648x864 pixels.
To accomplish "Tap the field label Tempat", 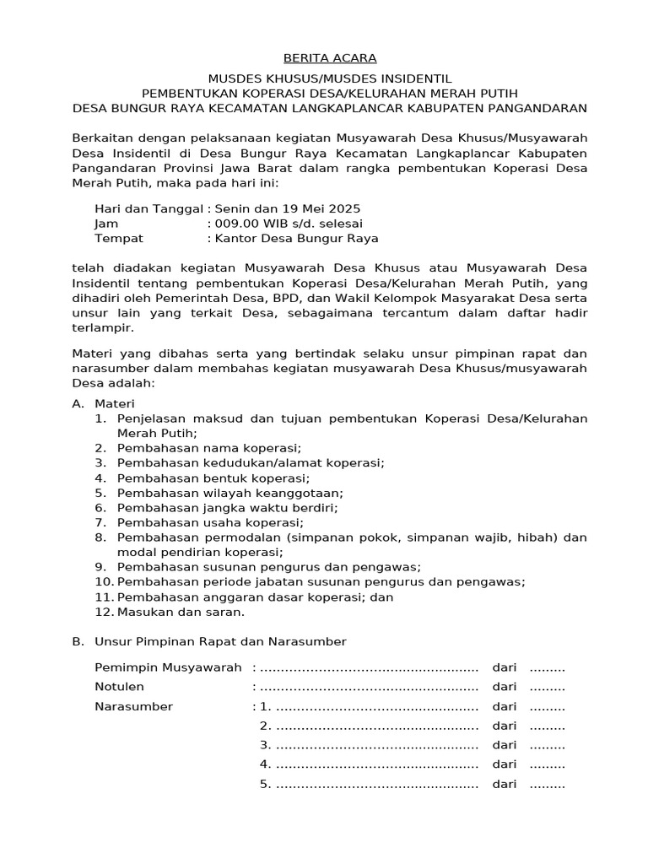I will click(x=118, y=239).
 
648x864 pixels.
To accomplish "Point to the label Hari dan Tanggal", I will click(x=148, y=208).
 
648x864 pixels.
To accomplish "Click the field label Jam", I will click(x=106, y=224).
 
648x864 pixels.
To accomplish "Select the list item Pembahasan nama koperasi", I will click(x=208, y=447).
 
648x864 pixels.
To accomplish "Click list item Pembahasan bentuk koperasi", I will click(x=213, y=478).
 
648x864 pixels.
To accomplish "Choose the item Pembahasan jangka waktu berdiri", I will click(x=227, y=508).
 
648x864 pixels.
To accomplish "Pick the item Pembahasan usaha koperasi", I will click(x=210, y=523).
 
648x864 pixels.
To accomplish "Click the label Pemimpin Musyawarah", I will click(x=168, y=667).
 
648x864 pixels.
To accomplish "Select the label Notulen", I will click(x=119, y=687).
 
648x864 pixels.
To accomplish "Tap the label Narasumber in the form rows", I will click(x=133, y=706).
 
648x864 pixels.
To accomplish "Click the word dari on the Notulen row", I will click(x=505, y=687).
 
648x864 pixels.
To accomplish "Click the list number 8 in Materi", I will click(x=100, y=537).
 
